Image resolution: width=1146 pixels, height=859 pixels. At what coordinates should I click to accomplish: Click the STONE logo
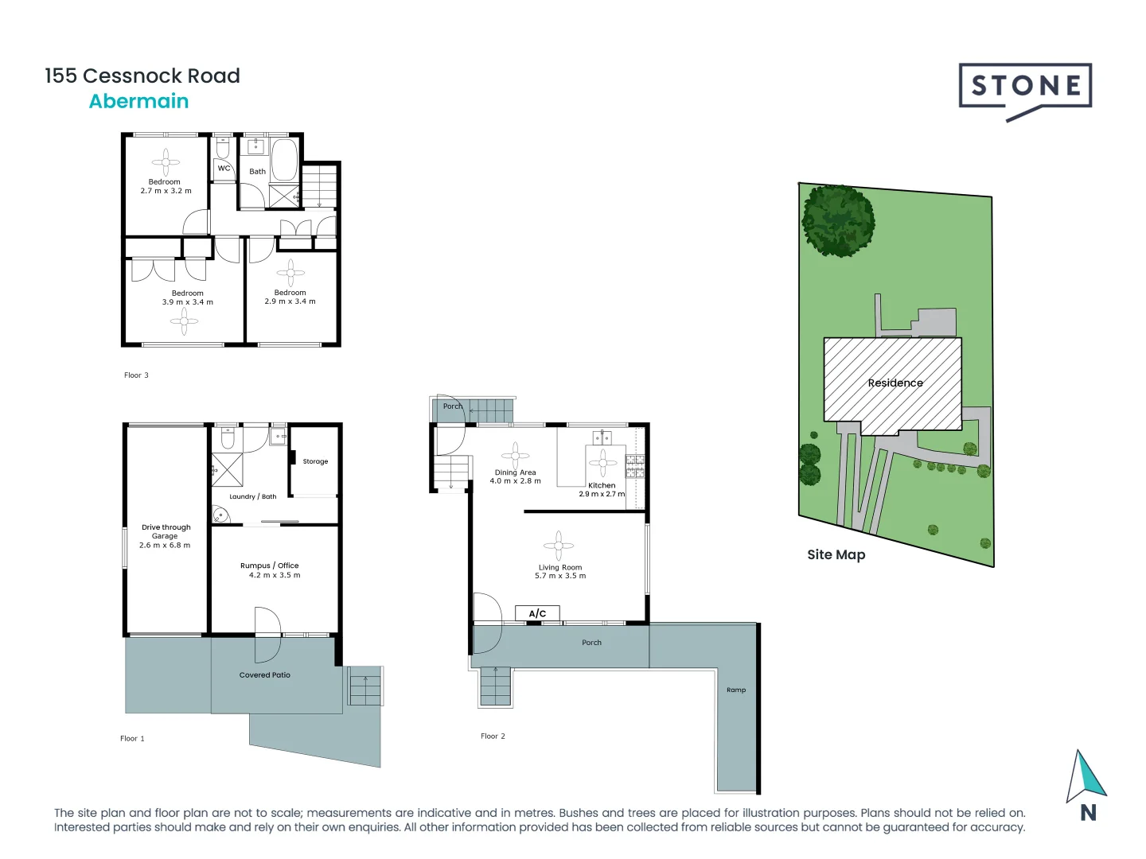click(x=1025, y=87)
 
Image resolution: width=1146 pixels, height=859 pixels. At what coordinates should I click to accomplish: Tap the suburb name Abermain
click(x=138, y=101)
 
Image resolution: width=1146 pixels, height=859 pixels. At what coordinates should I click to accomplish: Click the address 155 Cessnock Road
click(x=142, y=76)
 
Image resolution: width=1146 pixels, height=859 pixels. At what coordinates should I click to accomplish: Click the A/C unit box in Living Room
click(x=538, y=613)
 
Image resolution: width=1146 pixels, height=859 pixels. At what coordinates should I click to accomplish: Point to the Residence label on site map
click(x=895, y=383)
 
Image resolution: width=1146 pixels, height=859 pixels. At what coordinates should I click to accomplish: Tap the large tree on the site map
click(x=838, y=220)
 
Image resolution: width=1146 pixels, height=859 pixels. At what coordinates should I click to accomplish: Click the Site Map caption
click(x=836, y=554)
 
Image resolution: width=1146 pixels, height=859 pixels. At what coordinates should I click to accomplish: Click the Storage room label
click(x=315, y=461)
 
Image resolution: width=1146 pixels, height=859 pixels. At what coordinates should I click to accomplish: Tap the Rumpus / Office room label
click(x=270, y=566)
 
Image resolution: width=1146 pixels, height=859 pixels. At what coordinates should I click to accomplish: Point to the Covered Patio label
click(x=265, y=674)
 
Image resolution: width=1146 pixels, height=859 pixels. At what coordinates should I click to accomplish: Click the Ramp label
click(x=736, y=690)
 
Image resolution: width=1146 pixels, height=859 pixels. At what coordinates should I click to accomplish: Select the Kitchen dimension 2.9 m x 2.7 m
click(x=602, y=494)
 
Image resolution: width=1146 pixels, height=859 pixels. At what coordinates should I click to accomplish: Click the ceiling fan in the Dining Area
click(x=515, y=455)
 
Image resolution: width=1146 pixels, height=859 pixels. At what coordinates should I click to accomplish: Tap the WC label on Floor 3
click(x=224, y=168)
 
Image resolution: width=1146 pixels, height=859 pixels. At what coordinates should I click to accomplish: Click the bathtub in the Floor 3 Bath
click(x=284, y=159)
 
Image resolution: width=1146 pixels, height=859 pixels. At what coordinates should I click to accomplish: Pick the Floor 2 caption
click(x=493, y=736)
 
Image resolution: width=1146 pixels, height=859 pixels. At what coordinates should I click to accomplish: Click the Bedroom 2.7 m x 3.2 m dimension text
click(x=166, y=191)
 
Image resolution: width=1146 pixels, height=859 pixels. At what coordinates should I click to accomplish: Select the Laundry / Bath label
click(x=252, y=496)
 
